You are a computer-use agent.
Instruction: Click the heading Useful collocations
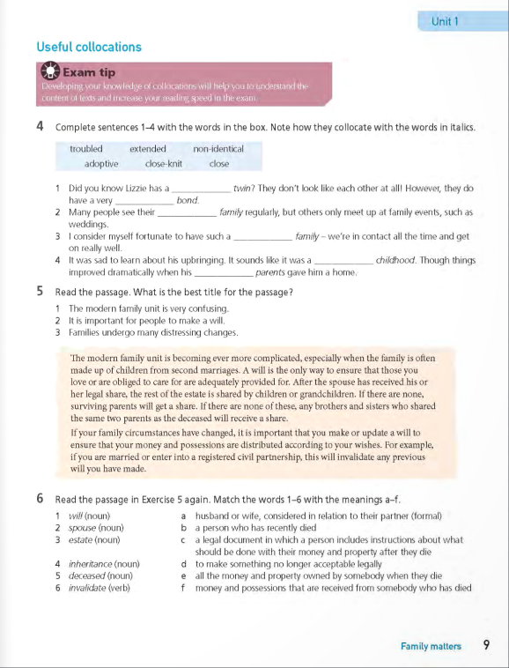pyautogui.click(x=89, y=47)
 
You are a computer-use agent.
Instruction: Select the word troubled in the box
pyautogui.click(x=86, y=149)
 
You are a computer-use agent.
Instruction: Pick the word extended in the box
pyautogui.click(x=148, y=149)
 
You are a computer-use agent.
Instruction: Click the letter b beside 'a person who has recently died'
pyautogui.click(x=182, y=527)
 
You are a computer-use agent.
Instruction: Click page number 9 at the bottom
pyautogui.click(x=486, y=646)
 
